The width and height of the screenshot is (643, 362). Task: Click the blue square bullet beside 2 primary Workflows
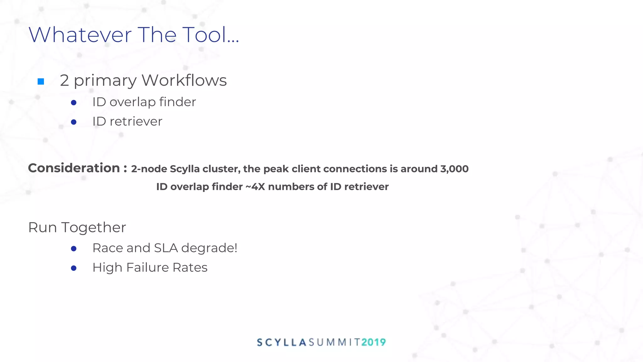click(x=41, y=82)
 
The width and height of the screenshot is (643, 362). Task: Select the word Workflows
click(x=184, y=80)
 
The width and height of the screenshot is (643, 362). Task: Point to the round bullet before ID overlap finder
click(x=74, y=102)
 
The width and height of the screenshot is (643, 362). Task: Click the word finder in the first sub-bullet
click(x=177, y=102)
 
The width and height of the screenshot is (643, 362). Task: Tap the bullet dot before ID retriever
click(x=74, y=122)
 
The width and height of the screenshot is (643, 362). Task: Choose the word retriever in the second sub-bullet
click(x=136, y=122)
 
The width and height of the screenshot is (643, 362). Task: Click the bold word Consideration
click(x=74, y=168)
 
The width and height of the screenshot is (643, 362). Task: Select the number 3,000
click(x=454, y=169)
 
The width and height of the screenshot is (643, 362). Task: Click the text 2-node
click(x=149, y=169)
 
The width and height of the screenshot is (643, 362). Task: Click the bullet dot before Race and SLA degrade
click(x=74, y=249)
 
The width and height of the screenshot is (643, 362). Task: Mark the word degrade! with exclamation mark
click(x=209, y=248)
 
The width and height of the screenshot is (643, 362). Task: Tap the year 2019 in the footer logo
click(x=373, y=342)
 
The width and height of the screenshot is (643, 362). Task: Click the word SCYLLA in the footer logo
click(x=281, y=342)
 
